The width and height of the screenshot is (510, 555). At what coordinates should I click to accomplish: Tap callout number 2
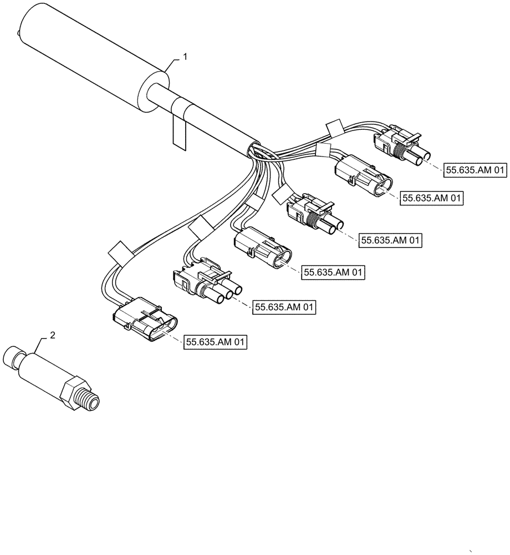(x=52, y=335)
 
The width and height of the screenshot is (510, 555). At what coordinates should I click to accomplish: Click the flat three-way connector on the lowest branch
(x=145, y=321)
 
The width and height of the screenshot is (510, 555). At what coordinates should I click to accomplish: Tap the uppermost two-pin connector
(x=401, y=143)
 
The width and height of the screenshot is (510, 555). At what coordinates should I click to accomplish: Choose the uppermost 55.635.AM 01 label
(x=476, y=171)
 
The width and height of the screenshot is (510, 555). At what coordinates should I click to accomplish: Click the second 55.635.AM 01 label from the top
(x=431, y=198)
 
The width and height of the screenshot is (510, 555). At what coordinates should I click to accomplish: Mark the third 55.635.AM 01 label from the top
(x=391, y=240)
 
